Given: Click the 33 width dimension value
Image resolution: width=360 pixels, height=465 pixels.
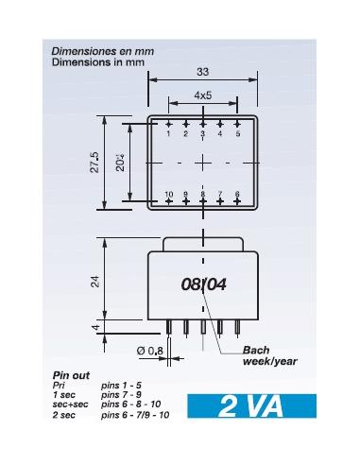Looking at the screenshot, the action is coord(202,72).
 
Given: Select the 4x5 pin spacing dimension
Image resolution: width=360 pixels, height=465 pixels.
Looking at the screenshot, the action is coord(202,95).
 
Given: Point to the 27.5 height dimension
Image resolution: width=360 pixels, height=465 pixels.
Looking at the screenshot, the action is coord(94,162).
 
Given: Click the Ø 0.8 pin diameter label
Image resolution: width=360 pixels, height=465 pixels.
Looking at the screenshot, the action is coord(149,352).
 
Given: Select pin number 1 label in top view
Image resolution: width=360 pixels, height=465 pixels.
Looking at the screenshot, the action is coord(168,133).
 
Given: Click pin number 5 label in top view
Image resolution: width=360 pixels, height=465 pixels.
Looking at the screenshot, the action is coord(237,133).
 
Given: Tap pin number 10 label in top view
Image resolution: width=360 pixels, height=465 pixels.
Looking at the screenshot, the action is coord(168,194).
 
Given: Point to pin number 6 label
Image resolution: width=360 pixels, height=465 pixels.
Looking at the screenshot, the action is coord(237,194).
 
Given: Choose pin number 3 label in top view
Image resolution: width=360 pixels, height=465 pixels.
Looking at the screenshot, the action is coord(202,133).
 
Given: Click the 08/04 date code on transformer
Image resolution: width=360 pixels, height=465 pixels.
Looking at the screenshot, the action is coord(203,284).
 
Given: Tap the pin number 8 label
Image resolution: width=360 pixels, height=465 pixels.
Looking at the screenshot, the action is coord(202,194).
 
